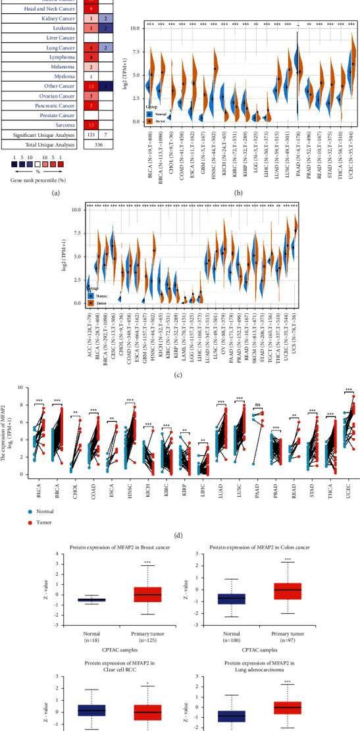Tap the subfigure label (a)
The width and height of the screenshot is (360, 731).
pyautogui.click(x=50, y=193)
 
